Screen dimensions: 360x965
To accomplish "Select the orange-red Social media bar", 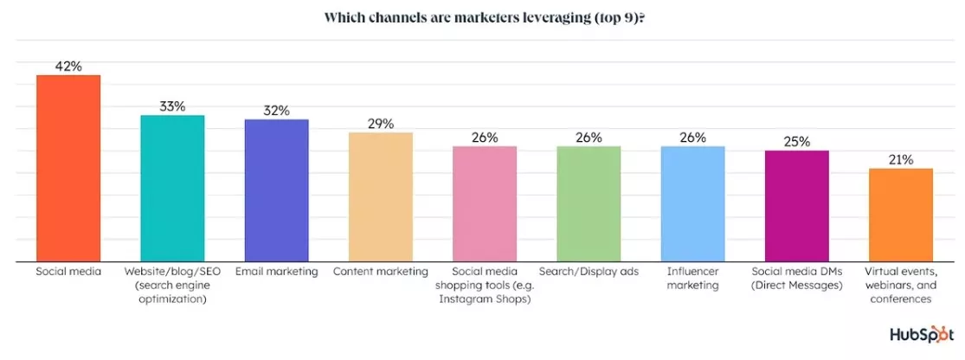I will pyautogui.click(x=68, y=168).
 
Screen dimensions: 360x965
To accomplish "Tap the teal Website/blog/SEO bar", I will pyautogui.click(x=172, y=188).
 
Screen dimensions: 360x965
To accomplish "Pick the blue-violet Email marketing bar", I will pyautogui.click(x=277, y=190).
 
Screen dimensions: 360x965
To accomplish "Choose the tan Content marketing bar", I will pyautogui.click(x=381, y=196).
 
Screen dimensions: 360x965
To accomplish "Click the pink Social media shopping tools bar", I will pyautogui.click(x=485, y=203).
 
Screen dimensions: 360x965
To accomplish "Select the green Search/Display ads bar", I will pyautogui.click(x=589, y=203).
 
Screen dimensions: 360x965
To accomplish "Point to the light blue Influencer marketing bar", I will pyautogui.click(x=692, y=203).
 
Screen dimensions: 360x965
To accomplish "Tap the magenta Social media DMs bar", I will pyautogui.click(x=797, y=205).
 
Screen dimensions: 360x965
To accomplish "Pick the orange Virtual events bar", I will pyautogui.click(x=901, y=215).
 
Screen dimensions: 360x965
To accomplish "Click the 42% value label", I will pyautogui.click(x=68, y=66).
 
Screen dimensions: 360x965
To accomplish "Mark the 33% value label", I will pyautogui.click(x=172, y=106).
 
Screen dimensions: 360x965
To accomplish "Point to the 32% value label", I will pyautogui.click(x=277, y=110).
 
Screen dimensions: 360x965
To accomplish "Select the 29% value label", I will pyautogui.click(x=381, y=124).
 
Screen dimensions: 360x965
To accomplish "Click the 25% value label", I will pyautogui.click(x=797, y=142).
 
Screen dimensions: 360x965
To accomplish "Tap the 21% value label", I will pyautogui.click(x=901, y=159).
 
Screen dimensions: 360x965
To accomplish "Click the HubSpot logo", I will pyautogui.click(x=921, y=335).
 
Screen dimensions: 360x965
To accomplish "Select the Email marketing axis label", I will pyautogui.click(x=277, y=272).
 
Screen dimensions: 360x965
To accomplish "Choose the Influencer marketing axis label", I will pyautogui.click(x=692, y=279).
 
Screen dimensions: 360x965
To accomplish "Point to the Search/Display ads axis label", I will pyautogui.click(x=589, y=272).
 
